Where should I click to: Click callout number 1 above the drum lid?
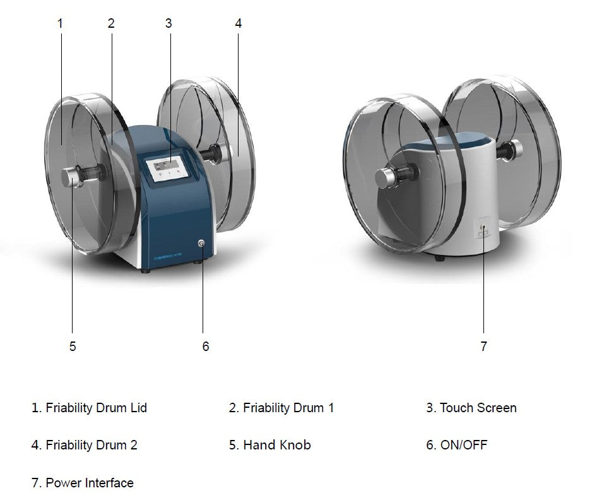click(60, 23)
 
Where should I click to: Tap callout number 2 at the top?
click(111, 23)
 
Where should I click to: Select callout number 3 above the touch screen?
click(168, 23)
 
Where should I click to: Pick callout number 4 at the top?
click(239, 23)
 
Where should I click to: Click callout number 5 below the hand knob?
click(73, 346)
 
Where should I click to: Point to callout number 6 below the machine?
click(206, 346)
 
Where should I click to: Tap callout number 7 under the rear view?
click(483, 346)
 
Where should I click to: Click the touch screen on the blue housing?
click(167, 167)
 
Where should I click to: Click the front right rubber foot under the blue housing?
click(198, 261)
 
